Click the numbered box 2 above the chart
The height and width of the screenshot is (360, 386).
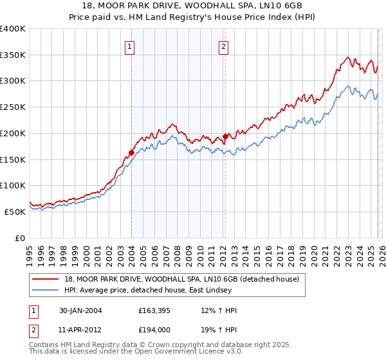click(x=223, y=46)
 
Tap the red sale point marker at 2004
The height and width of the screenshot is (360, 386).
click(x=131, y=152)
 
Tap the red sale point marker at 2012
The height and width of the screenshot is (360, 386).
click(x=225, y=136)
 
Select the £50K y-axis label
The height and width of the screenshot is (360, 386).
click(x=15, y=212)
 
